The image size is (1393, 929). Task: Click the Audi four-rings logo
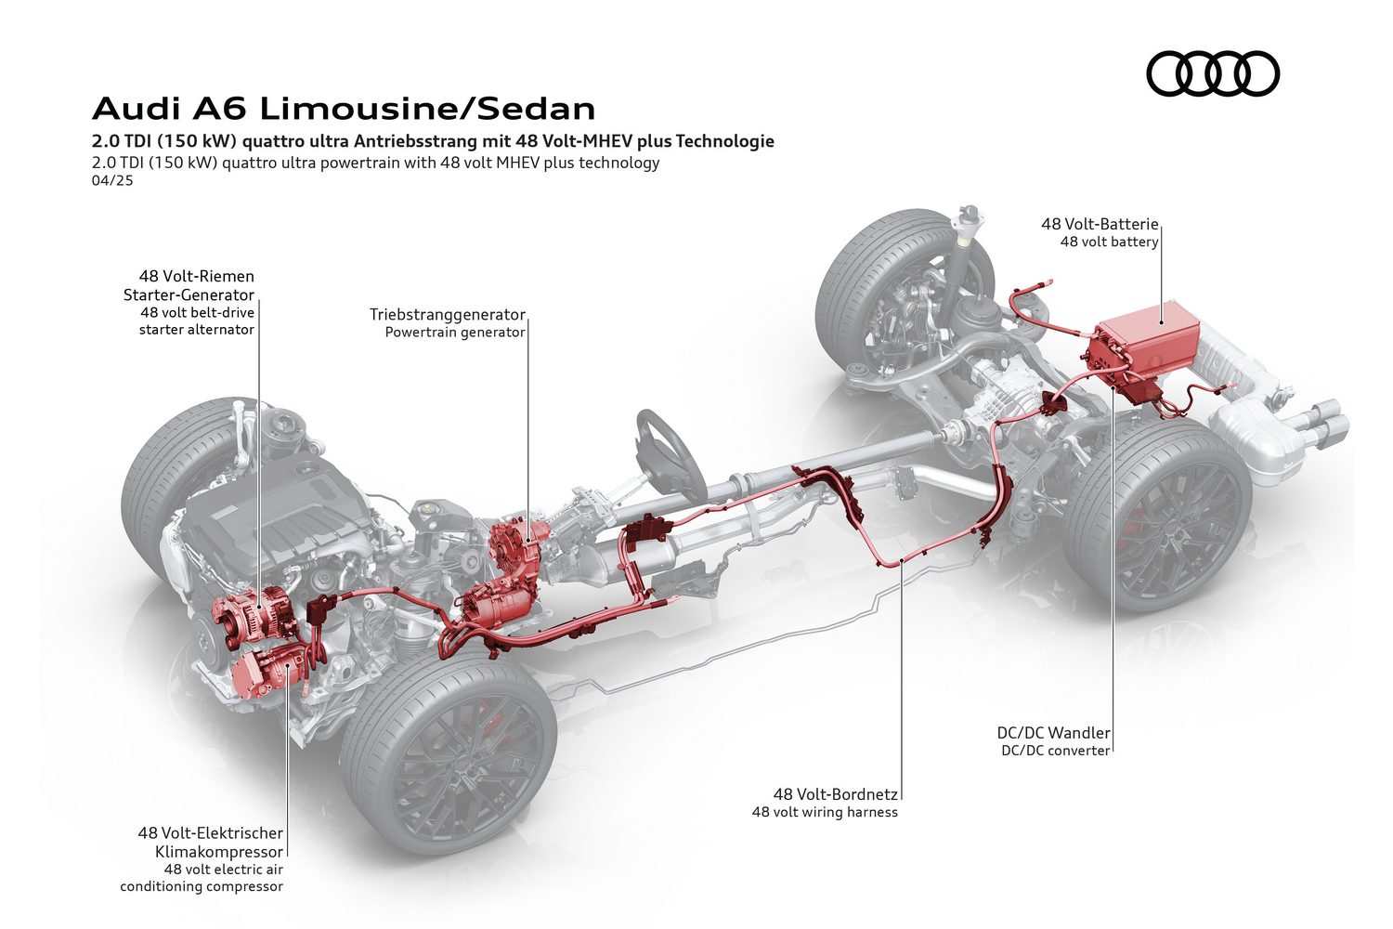tap(1213, 74)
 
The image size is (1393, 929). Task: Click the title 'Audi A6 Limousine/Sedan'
tap(344, 109)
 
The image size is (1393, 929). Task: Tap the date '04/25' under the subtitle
tap(112, 181)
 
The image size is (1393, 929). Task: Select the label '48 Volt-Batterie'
tap(1100, 224)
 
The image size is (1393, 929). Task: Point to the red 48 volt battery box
tap(1146, 348)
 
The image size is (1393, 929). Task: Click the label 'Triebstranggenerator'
tap(448, 315)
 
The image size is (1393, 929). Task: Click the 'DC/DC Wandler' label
tap(1054, 733)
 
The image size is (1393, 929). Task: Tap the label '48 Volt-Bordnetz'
tap(836, 794)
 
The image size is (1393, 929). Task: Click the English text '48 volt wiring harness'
tap(825, 812)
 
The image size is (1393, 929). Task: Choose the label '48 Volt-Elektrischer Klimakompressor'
tap(211, 842)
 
